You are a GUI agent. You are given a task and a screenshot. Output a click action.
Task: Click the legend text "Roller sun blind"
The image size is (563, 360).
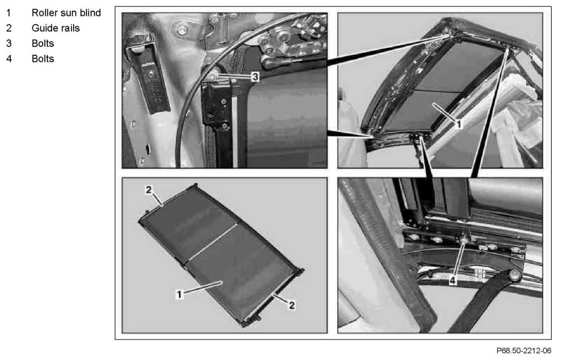(66, 13)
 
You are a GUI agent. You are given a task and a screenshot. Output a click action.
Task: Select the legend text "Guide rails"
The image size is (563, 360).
(55, 28)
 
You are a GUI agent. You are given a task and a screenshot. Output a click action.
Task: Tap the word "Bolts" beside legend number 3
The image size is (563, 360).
(43, 44)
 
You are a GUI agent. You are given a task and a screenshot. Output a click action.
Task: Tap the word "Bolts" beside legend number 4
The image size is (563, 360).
(43, 59)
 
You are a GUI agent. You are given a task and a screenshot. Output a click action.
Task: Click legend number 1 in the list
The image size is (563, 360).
(9, 13)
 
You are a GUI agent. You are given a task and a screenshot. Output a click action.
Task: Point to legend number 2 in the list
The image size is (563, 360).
(9, 28)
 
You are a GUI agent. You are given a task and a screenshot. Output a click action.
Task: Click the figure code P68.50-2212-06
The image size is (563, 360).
(524, 351)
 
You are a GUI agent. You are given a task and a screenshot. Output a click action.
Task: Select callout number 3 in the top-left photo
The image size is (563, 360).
(255, 77)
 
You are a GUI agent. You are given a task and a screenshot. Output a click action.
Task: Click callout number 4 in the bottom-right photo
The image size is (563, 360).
(453, 281)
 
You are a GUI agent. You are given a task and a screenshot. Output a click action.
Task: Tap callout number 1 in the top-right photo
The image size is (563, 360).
(459, 124)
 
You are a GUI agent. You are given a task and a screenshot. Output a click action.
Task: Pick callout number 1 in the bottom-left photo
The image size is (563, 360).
(179, 294)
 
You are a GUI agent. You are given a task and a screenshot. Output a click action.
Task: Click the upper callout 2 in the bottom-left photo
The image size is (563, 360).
(149, 190)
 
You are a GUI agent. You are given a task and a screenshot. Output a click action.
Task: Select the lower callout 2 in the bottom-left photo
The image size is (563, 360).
(292, 305)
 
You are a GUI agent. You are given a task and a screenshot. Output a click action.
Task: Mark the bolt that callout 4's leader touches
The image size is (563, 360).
(464, 241)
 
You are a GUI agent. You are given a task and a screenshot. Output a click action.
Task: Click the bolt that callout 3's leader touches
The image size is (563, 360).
(214, 76)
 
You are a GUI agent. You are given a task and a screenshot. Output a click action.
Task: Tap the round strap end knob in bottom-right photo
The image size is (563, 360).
(515, 275)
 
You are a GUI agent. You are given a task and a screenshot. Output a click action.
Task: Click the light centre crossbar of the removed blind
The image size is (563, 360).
(213, 242)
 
